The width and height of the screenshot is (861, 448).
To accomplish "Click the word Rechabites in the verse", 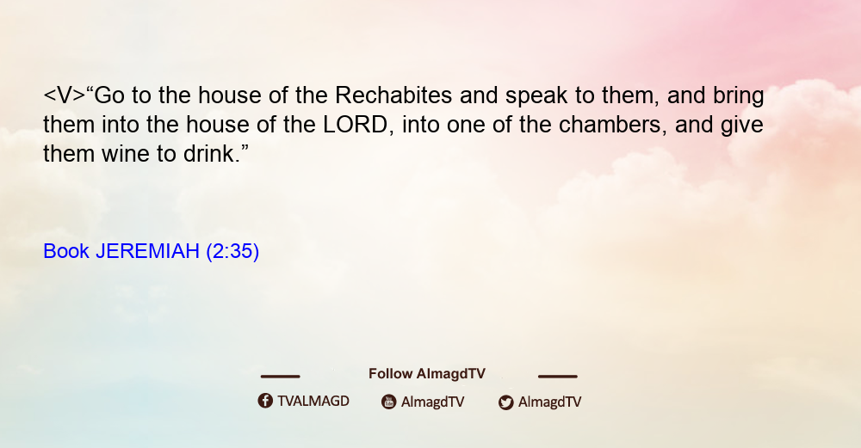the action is [x=393, y=95].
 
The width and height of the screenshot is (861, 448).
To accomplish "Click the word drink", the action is [x=212, y=154].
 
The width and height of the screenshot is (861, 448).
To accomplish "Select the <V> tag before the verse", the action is [x=65, y=95].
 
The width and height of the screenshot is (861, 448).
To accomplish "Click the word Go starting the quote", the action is [x=108, y=95].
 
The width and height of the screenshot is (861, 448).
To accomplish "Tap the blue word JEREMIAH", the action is [x=147, y=251].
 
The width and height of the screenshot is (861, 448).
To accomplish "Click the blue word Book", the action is [x=66, y=251].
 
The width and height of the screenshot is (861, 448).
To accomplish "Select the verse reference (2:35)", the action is [x=232, y=252].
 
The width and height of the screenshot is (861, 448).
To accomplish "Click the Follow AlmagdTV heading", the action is [x=427, y=374].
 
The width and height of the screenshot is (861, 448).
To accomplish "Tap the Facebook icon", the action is [x=265, y=401].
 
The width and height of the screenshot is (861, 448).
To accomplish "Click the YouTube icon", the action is [x=389, y=402].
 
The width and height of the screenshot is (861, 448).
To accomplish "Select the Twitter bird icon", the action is [x=505, y=402].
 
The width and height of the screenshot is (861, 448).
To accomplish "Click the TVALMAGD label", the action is [x=313, y=402].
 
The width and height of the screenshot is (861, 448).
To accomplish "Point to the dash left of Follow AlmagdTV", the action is [x=280, y=376].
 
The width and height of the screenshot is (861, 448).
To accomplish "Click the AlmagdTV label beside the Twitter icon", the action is [x=549, y=402].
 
